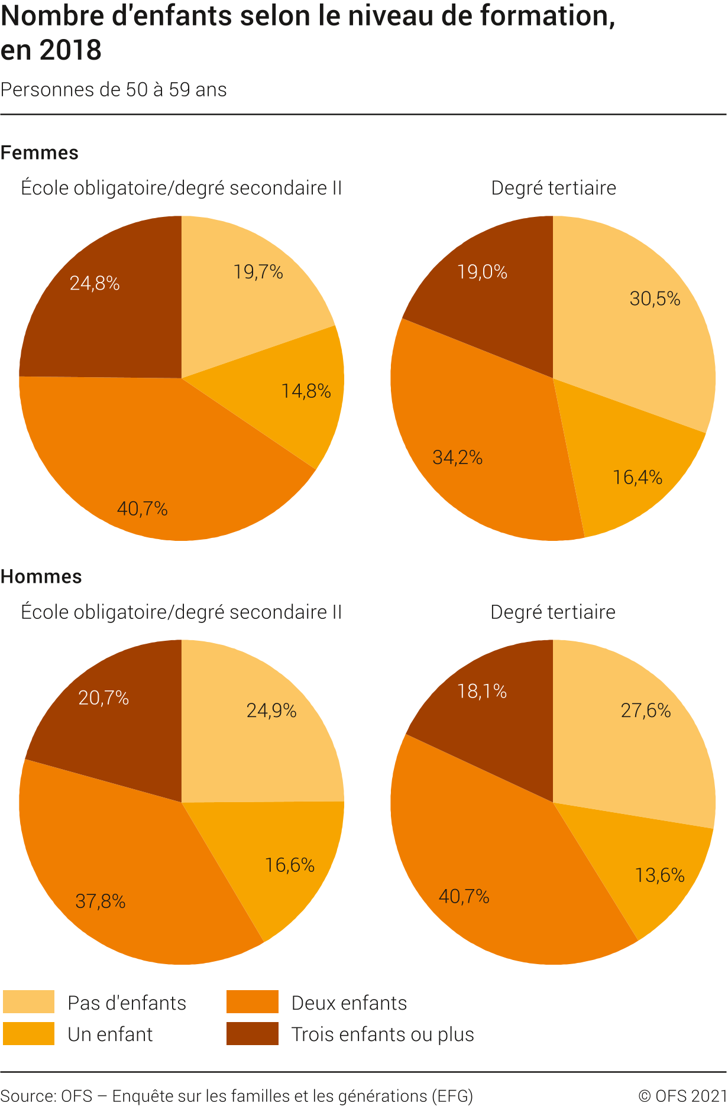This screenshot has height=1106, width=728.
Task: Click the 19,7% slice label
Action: [x=258, y=272]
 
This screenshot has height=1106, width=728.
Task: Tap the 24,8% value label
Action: [x=95, y=284]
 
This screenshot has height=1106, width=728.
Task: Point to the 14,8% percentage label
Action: [x=306, y=391]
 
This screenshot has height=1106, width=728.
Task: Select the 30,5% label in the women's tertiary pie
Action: [x=655, y=299]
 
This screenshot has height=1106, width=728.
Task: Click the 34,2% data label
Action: [x=457, y=457]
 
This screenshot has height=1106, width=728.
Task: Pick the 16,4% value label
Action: [x=638, y=477]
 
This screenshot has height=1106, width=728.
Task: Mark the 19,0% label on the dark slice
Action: [x=482, y=272]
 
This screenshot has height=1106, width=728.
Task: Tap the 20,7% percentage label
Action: [x=103, y=698]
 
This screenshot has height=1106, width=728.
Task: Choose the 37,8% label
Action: [x=101, y=901]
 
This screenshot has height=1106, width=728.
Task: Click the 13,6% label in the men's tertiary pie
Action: [x=659, y=875]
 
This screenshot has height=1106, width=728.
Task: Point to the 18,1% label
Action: [x=482, y=691]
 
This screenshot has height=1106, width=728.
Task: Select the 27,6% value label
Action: [x=646, y=710]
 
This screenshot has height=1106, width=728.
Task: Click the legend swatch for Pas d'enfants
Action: [x=28, y=1002]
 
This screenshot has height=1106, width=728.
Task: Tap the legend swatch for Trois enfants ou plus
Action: [x=252, y=1033]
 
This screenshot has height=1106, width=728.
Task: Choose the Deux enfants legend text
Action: [x=349, y=1003]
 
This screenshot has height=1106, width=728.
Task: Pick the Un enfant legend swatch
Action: [x=28, y=1033]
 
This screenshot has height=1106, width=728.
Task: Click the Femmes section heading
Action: [x=40, y=153]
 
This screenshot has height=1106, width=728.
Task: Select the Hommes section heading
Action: [x=41, y=576]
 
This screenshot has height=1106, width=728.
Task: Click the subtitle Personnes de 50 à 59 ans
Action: [x=114, y=90]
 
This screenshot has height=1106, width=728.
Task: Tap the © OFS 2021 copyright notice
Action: [x=682, y=1095]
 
